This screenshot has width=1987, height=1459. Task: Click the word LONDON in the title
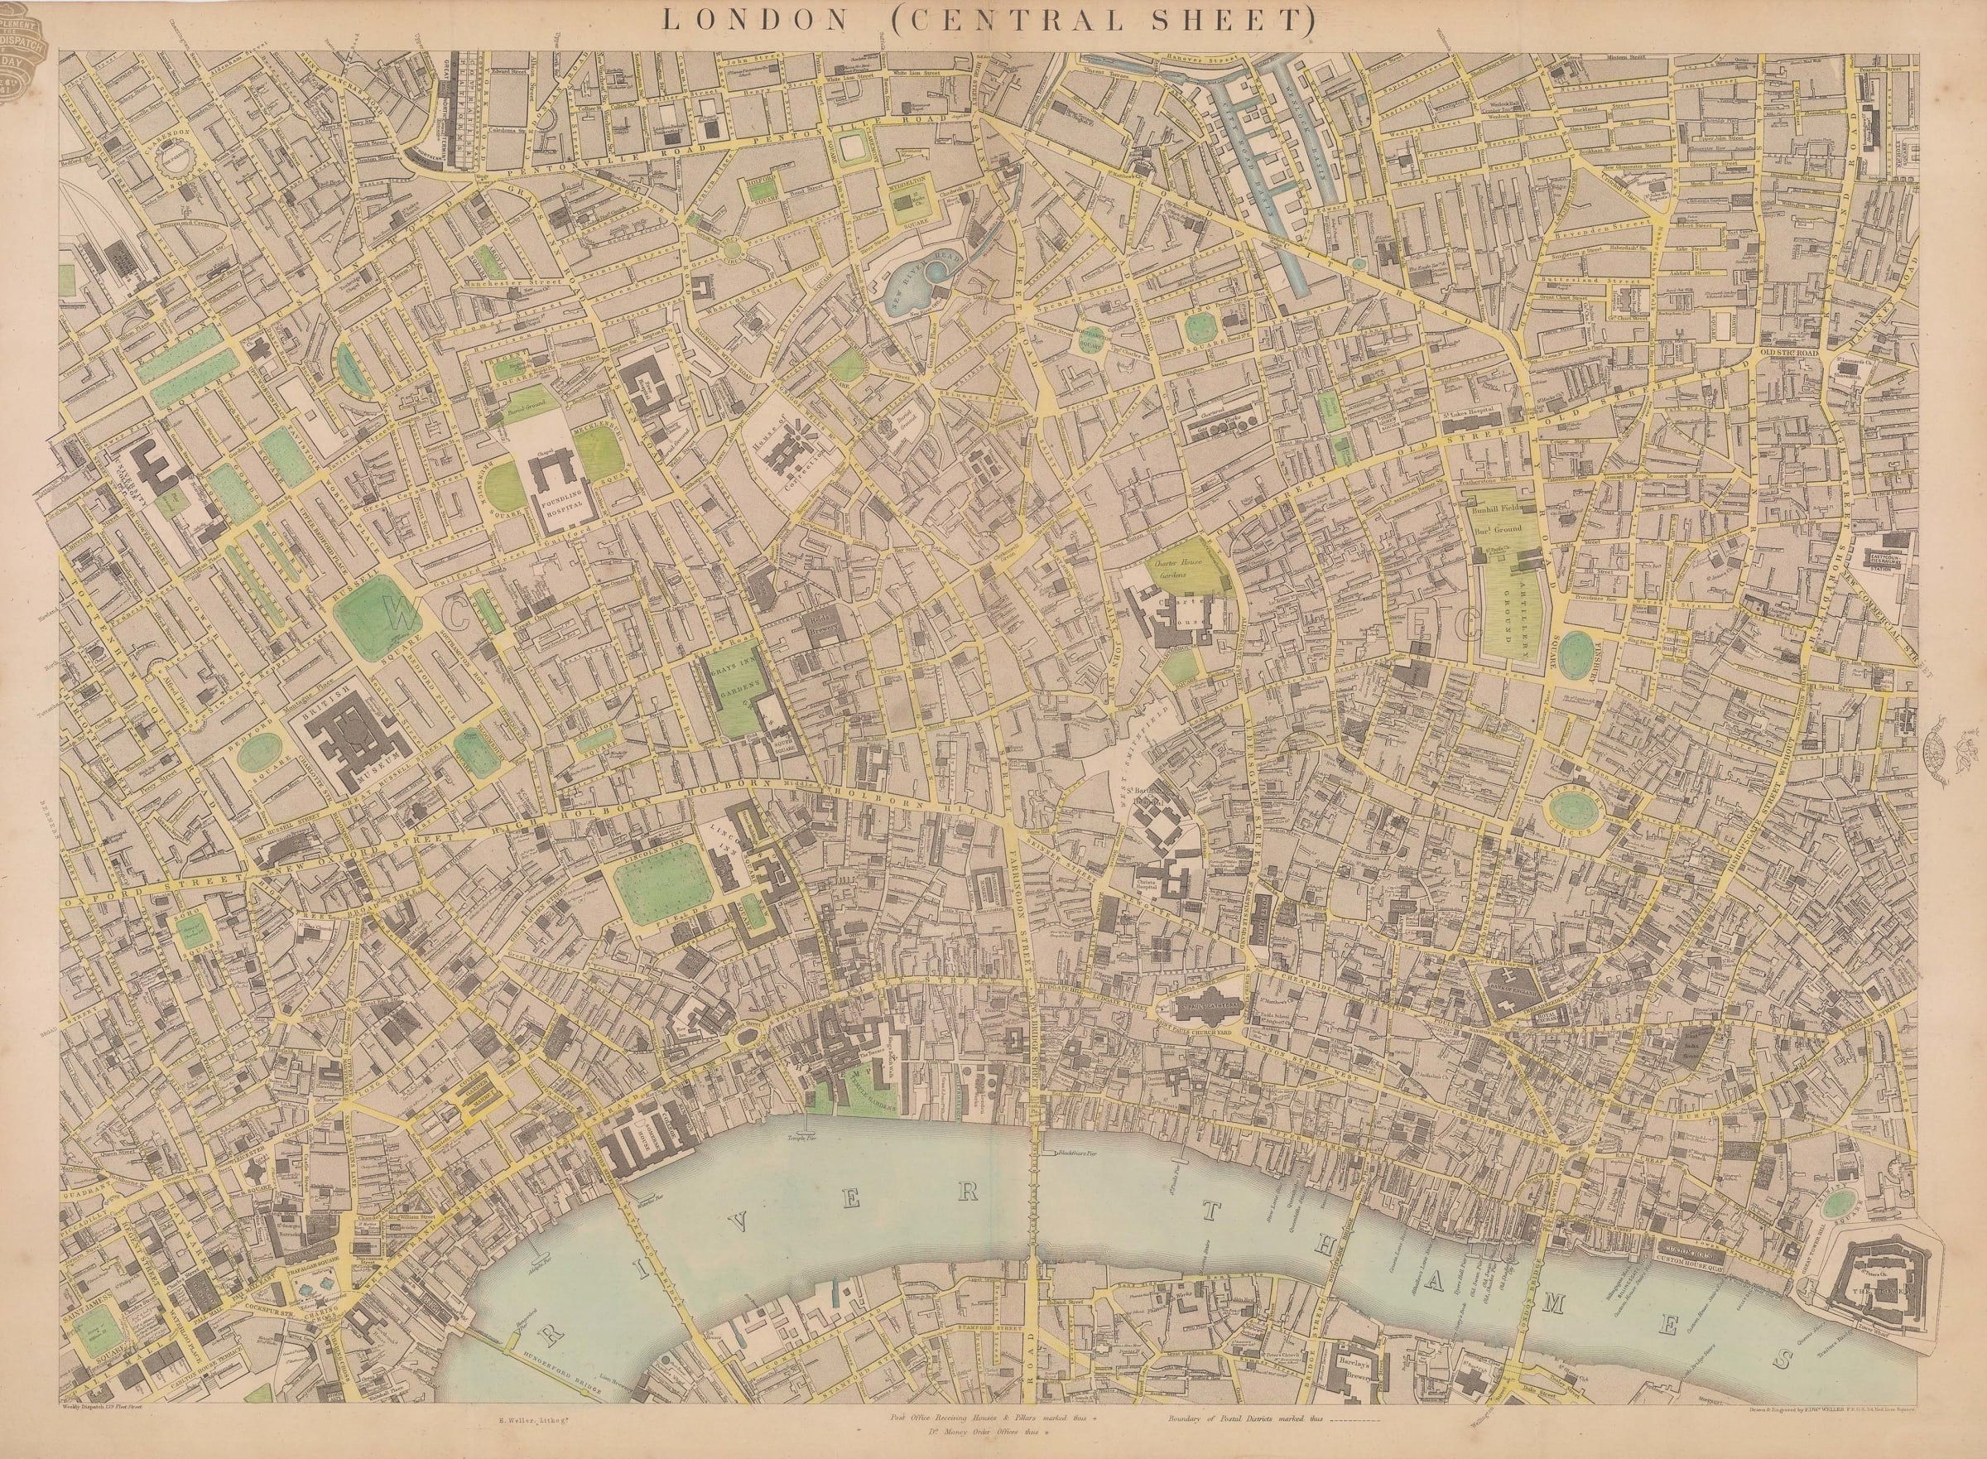pyautogui.click(x=724, y=19)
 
